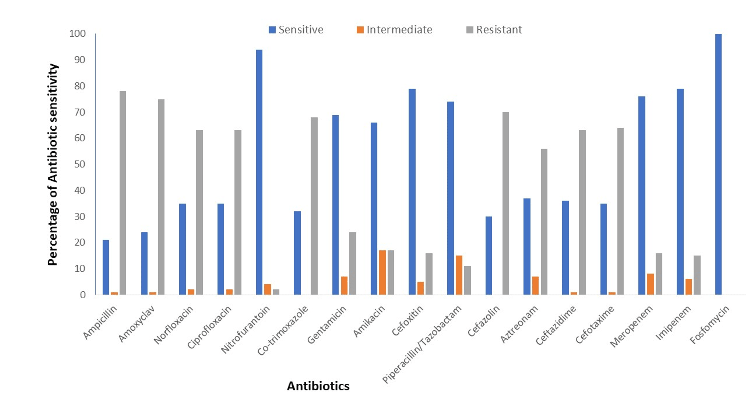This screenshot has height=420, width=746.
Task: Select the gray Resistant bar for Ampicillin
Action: tap(123, 193)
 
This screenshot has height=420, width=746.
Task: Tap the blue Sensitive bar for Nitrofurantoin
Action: tap(259, 172)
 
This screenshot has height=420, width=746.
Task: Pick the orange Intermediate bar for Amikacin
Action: tap(382, 272)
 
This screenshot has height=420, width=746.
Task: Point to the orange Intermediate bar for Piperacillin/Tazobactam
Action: tap(459, 275)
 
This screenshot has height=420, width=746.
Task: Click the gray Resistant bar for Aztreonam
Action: tap(544, 222)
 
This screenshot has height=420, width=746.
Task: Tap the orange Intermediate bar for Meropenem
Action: tap(651, 284)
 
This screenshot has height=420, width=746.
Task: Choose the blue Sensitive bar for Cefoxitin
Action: tap(412, 192)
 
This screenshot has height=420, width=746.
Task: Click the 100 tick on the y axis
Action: tap(78, 34)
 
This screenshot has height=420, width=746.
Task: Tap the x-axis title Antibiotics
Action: tap(318, 386)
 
